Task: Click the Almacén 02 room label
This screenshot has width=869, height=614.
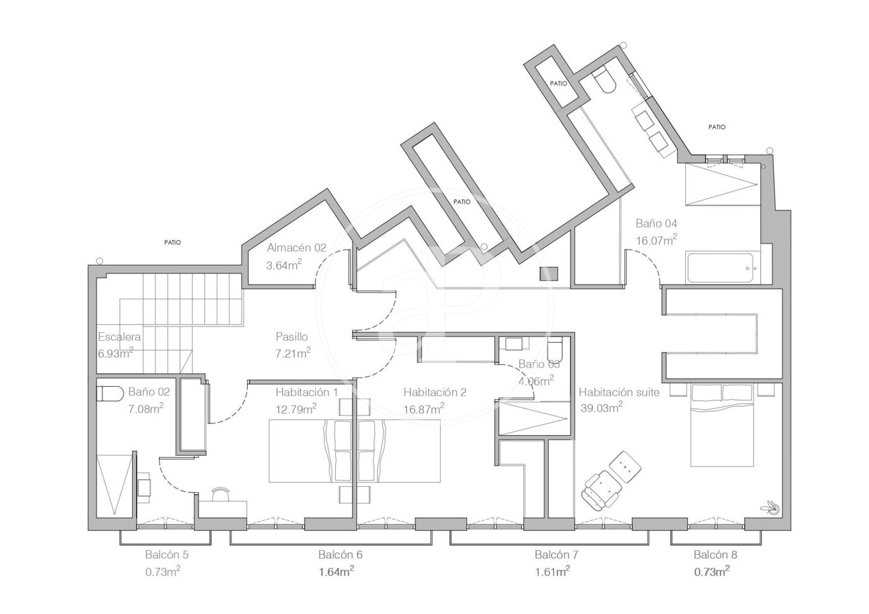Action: click(x=297, y=248)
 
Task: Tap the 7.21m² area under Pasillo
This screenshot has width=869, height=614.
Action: click(x=293, y=353)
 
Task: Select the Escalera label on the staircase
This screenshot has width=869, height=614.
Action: click(x=119, y=337)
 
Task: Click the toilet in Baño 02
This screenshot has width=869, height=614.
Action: click(x=109, y=393)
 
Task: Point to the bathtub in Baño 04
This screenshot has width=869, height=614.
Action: click(x=719, y=268)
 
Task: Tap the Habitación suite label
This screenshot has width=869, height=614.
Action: click(x=619, y=392)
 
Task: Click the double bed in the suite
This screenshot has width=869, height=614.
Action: click(x=722, y=425)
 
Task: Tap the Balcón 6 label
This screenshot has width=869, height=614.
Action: click(x=340, y=555)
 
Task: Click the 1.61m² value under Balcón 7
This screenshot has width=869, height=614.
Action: click(x=552, y=572)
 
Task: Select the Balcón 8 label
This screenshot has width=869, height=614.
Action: click(x=715, y=555)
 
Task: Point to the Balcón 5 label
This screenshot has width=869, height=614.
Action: click(x=167, y=555)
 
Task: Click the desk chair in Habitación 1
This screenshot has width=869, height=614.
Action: click(x=220, y=494)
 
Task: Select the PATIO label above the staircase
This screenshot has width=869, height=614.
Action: click(x=173, y=243)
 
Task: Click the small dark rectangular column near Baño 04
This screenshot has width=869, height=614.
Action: click(x=549, y=274)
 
